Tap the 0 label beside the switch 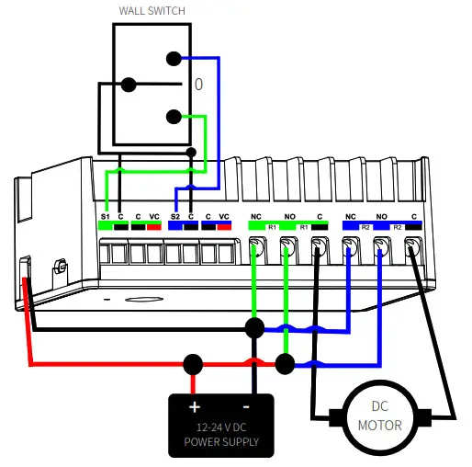(197, 85)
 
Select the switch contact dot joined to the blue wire (173, 59)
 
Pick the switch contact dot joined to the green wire (173, 117)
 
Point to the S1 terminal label (105, 216)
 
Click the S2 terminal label (176, 216)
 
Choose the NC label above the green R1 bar (257, 216)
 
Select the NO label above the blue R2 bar (381, 216)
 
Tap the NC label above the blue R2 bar (350, 216)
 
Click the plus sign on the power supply (195, 406)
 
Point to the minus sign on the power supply (248, 406)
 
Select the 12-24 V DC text (220, 427)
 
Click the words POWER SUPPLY (220, 441)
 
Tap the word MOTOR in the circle (380, 425)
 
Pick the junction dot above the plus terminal (193, 363)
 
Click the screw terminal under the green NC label (256, 246)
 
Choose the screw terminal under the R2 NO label (380, 246)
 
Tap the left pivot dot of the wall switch (129, 85)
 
